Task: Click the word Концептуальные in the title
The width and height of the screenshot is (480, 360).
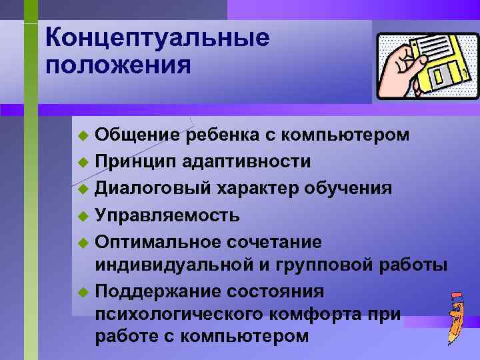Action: (x=158, y=37)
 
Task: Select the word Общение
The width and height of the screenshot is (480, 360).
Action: (x=137, y=136)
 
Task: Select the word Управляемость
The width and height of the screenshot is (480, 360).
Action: (x=167, y=215)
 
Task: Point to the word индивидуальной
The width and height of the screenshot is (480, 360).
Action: (x=172, y=266)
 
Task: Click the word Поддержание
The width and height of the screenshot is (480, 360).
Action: (x=157, y=291)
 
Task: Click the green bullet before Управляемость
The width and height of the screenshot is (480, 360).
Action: (x=83, y=215)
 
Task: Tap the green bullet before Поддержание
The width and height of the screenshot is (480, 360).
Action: (x=83, y=292)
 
